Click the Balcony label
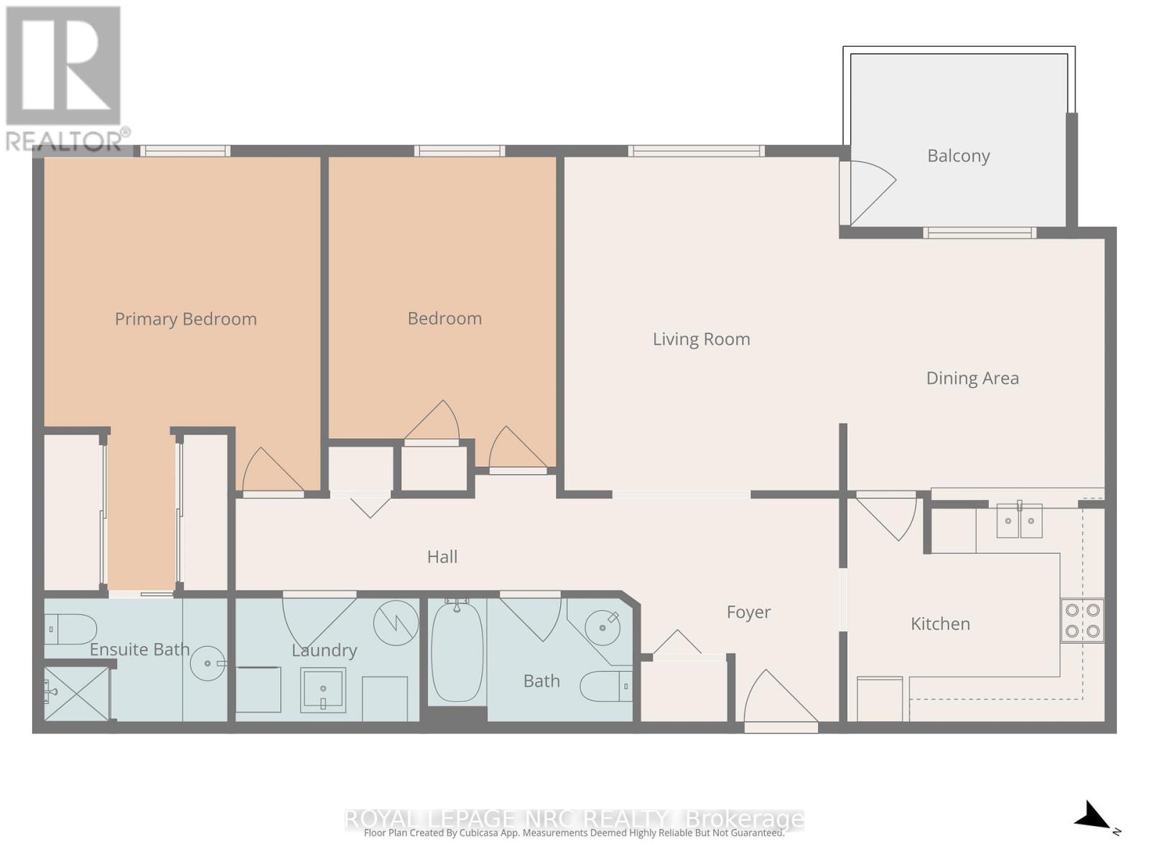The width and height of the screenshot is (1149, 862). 958,156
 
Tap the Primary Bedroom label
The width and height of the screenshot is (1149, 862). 186,319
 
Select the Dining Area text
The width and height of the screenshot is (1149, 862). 972,378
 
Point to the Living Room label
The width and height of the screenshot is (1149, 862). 701,339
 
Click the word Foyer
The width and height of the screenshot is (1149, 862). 748,612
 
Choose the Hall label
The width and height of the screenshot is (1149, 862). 442,557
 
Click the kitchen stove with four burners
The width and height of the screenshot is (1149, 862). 1082,620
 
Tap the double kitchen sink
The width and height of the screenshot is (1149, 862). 1019,520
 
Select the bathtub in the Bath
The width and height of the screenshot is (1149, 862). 457,652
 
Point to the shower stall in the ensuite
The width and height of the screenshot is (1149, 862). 76,693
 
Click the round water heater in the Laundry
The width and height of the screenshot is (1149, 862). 396,623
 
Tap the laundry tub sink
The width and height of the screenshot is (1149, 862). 323,690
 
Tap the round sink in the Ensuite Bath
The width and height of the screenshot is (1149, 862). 208,663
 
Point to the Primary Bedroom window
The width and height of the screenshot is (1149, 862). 185,151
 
